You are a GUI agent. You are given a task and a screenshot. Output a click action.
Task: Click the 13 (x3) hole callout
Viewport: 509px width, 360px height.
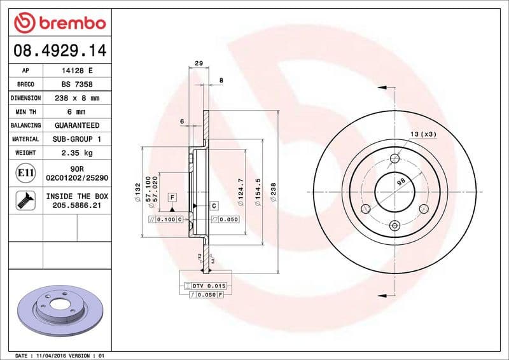pos(423,134)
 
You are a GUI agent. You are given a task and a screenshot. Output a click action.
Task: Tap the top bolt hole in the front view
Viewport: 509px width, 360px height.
pos(394,158)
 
